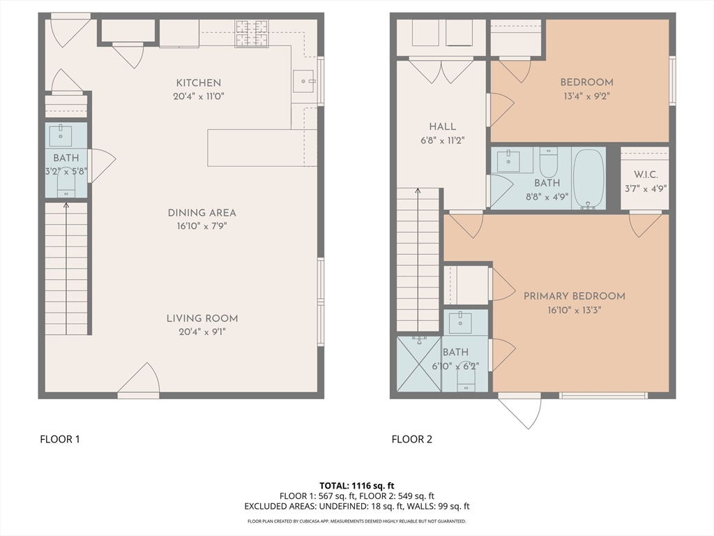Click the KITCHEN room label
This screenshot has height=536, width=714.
(199, 83)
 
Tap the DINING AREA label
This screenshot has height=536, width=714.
(202, 213)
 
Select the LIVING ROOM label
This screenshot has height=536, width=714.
(202, 318)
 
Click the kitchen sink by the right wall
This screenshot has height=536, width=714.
(304, 81)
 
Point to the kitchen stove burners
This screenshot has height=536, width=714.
(251, 33)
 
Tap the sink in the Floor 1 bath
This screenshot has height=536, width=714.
(61, 136)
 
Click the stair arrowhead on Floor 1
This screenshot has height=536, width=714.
(66, 206)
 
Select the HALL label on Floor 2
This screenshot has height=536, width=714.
(442, 127)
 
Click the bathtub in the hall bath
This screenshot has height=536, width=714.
(588, 179)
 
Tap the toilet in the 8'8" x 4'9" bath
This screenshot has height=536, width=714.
(548, 162)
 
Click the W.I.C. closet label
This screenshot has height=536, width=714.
(646, 174)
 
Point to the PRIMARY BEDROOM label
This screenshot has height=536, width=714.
(575, 296)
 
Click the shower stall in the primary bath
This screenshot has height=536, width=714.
(419, 364)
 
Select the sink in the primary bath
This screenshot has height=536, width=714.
(460, 323)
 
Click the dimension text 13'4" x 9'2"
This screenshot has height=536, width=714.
(586, 96)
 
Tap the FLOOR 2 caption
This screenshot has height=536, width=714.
(411, 440)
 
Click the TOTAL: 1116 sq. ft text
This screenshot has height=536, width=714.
(356, 486)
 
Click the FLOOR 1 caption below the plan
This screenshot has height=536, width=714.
(60, 440)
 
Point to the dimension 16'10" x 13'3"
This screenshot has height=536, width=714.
(575, 311)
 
